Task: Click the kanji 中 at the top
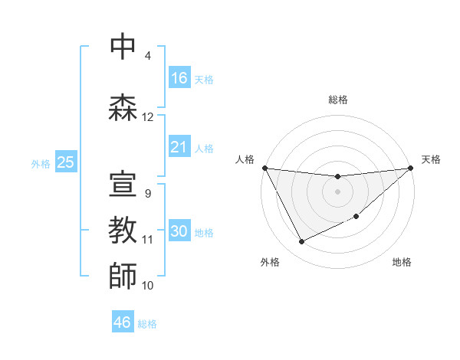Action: [x=123, y=46]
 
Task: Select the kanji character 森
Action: [x=123, y=107]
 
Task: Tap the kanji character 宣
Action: [x=123, y=184]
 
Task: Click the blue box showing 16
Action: [x=179, y=78]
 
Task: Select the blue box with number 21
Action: [x=179, y=147]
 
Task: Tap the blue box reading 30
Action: [x=179, y=232]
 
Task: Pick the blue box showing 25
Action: [x=65, y=162]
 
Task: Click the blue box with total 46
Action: [x=123, y=322]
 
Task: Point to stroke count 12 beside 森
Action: [x=148, y=117]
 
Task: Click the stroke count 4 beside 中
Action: [x=147, y=56]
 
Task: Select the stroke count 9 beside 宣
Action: [x=147, y=194]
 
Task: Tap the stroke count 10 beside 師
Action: [x=148, y=286]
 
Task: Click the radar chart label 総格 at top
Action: [x=337, y=100]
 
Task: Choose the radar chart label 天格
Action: [x=432, y=159]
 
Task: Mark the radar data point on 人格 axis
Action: [x=264, y=168]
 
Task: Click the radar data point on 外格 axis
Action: [x=301, y=242]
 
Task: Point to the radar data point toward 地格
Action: [x=356, y=217]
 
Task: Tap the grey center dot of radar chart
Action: [x=337, y=191]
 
